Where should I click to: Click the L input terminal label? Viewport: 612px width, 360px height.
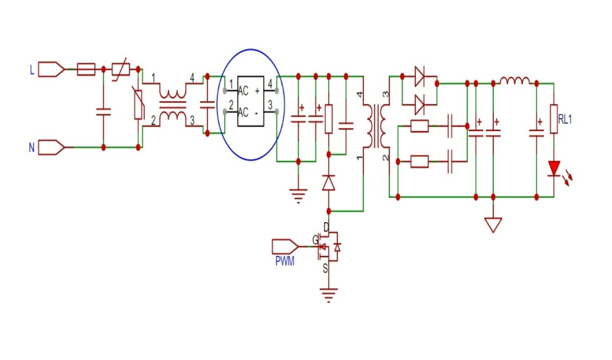point(32,70)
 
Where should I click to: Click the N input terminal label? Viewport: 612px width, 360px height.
point(32,148)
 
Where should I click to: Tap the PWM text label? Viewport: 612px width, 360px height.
point(285,261)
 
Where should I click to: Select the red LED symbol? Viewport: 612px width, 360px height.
point(554,168)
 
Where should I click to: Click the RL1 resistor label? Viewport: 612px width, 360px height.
point(565,120)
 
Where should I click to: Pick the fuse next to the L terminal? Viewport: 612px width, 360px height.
point(86,70)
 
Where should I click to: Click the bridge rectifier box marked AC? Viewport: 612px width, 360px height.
point(251,101)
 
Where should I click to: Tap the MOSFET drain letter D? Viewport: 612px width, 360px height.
point(326,227)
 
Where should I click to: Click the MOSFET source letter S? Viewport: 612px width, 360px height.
point(325,268)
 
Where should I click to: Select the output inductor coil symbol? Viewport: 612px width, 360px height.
point(515,81)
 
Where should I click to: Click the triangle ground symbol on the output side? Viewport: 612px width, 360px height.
point(493,225)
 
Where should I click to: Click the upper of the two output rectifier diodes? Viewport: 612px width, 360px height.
point(419,76)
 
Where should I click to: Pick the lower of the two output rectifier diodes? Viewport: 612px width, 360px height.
point(419,104)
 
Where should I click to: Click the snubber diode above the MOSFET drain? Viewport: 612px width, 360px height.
point(329,183)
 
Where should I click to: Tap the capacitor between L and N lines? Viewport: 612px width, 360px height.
point(103,111)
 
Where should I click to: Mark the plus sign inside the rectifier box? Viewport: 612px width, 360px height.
point(257,91)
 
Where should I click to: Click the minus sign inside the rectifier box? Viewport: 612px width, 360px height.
point(257,113)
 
